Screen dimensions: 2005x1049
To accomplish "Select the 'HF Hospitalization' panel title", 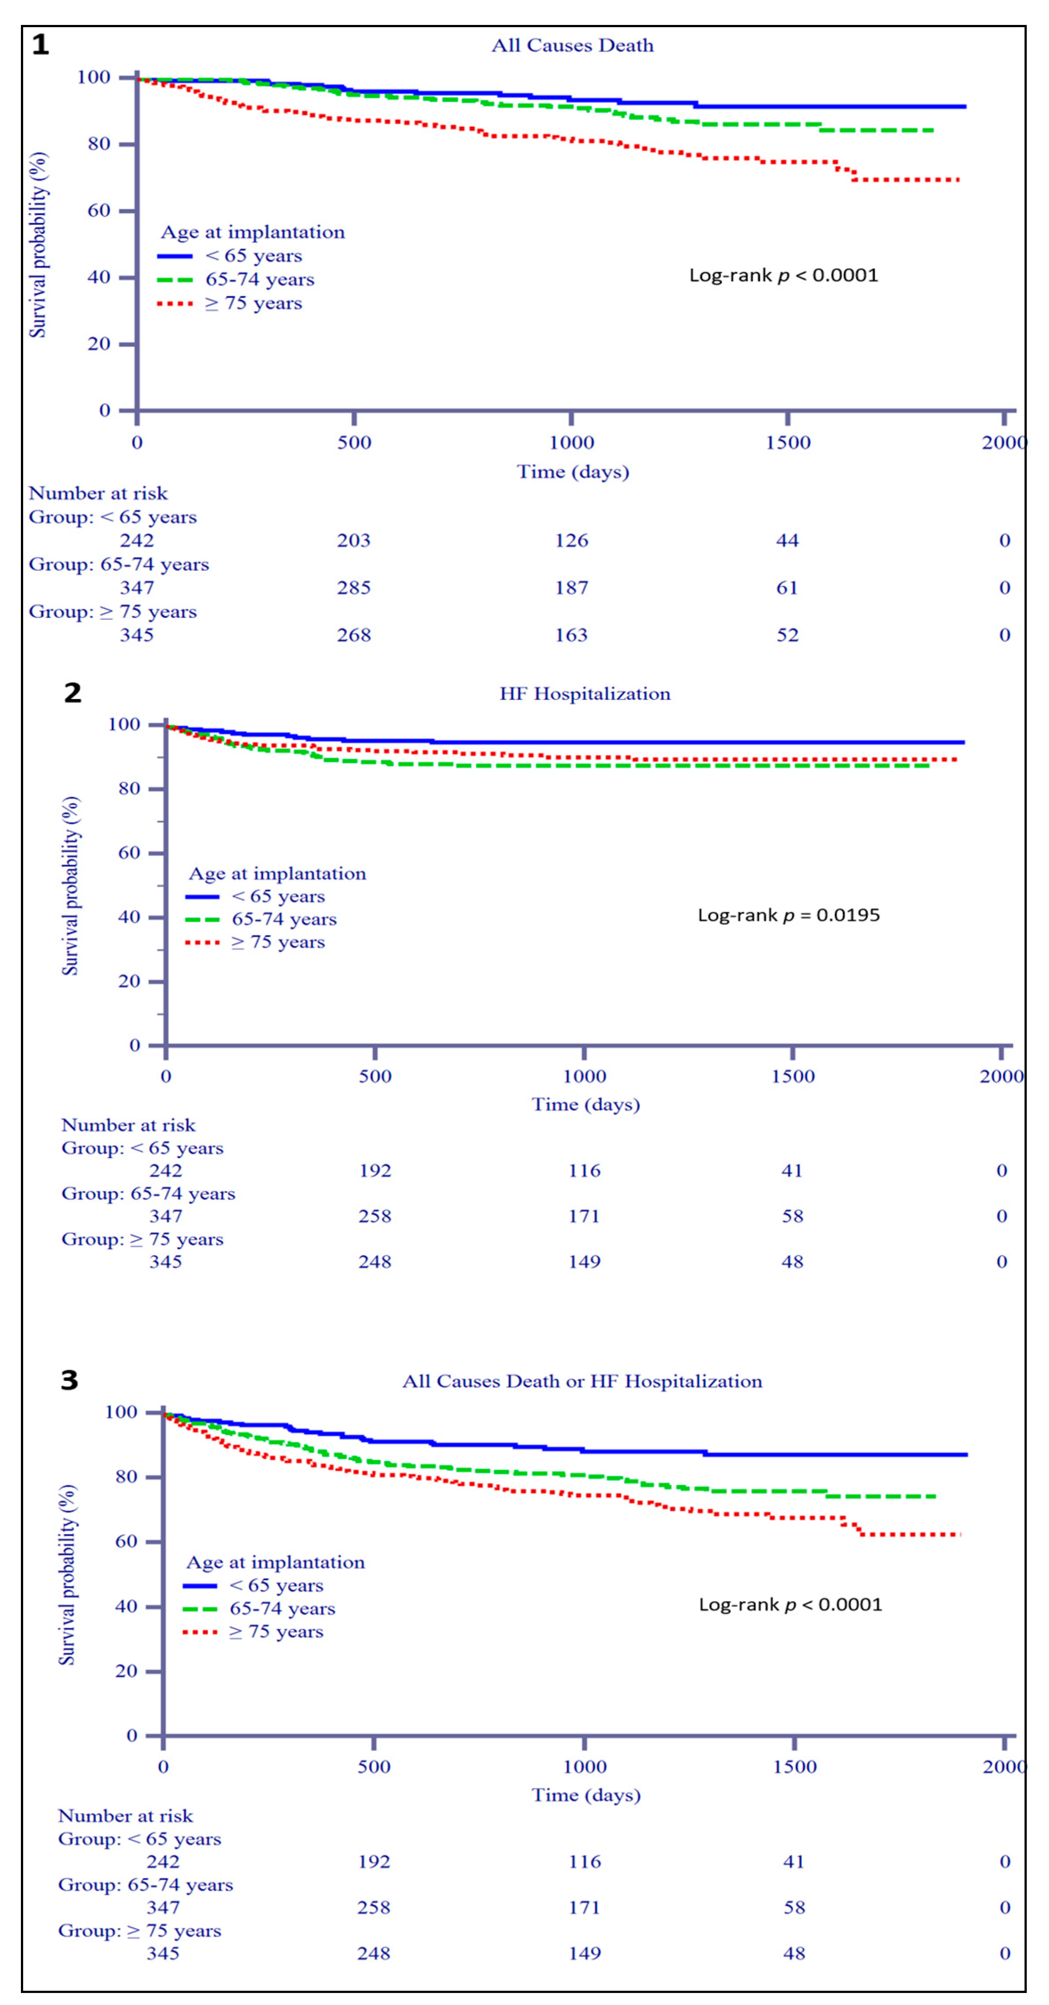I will (584, 694).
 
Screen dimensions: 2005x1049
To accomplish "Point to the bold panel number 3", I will (69, 1380).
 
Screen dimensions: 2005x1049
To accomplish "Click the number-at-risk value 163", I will (571, 635).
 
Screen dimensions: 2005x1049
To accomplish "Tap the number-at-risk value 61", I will (787, 588).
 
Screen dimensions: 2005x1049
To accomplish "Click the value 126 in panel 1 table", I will (571, 540).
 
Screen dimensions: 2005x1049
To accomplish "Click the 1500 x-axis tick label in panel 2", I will (792, 1077).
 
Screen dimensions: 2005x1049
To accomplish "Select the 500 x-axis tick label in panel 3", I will (373, 1766).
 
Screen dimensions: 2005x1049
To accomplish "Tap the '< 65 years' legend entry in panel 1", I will (253, 256).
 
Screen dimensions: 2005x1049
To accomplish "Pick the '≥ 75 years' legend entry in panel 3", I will (275, 1631).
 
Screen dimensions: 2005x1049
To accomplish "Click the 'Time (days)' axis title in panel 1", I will (573, 472).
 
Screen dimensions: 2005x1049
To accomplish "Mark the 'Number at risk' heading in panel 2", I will (129, 1125).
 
